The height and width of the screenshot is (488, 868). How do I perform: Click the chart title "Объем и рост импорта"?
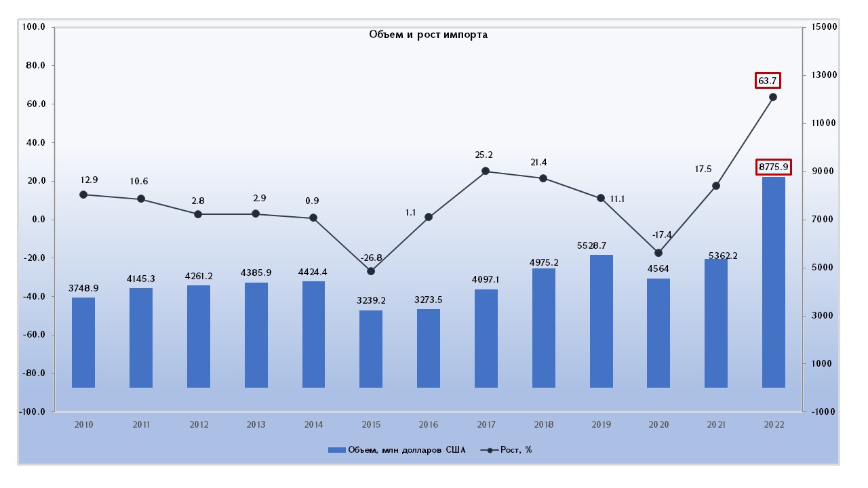coord(428,35)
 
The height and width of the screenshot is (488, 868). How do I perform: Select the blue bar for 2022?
coord(773,282)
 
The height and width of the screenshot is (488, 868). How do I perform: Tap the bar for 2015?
coord(371,349)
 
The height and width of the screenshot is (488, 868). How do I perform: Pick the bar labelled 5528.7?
coord(601,321)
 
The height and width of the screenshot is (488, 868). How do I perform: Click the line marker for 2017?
coord(486,171)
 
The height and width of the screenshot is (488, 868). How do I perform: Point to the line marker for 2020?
coord(658,253)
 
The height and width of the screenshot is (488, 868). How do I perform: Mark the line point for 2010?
coord(83,195)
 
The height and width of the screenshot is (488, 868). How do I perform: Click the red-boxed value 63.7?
coord(767,81)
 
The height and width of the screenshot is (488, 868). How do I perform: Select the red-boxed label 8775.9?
coord(773,167)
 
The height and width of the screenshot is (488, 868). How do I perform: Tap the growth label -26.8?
coord(370,258)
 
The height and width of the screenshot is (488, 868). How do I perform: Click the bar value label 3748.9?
coord(83,288)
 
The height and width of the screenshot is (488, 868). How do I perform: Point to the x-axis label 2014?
coord(313,425)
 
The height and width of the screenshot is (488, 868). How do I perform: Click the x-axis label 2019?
coord(601,425)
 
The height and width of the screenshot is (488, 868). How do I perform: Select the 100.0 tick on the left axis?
coord(34,27)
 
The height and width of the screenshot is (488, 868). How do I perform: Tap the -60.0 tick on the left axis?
coord(34,335)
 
